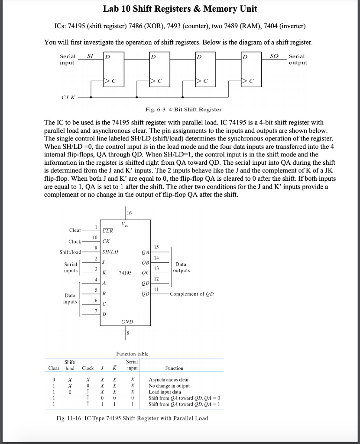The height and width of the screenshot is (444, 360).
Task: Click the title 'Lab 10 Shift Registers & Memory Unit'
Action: (x=180, y=9)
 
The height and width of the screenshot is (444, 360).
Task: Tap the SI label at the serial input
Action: (x=90, y=56)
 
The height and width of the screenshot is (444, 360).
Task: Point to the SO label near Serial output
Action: (x=274, y=56)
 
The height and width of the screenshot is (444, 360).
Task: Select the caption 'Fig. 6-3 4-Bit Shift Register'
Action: (x=183, y=109)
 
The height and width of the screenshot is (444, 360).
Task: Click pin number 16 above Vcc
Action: (x=130, y=213)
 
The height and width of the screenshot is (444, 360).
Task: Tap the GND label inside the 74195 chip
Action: (x=127, y=322)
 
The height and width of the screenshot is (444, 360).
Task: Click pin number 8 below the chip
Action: (x=128, y=333)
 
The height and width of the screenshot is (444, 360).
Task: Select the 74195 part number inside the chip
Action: (x=125, y=273)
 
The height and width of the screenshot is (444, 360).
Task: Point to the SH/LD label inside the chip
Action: (x=110, y=251)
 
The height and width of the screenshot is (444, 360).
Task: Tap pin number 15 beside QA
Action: (x=156, y=247)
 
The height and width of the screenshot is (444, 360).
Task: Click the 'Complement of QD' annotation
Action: (x=191, y=294)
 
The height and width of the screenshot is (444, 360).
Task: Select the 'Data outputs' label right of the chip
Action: (x=181, y=267)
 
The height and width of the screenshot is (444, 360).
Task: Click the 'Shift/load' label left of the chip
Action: (x=70, y=252)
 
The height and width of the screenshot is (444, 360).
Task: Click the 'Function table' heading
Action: (x=132, y=354)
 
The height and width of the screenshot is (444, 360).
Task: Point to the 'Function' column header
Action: (x=174, y=368)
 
